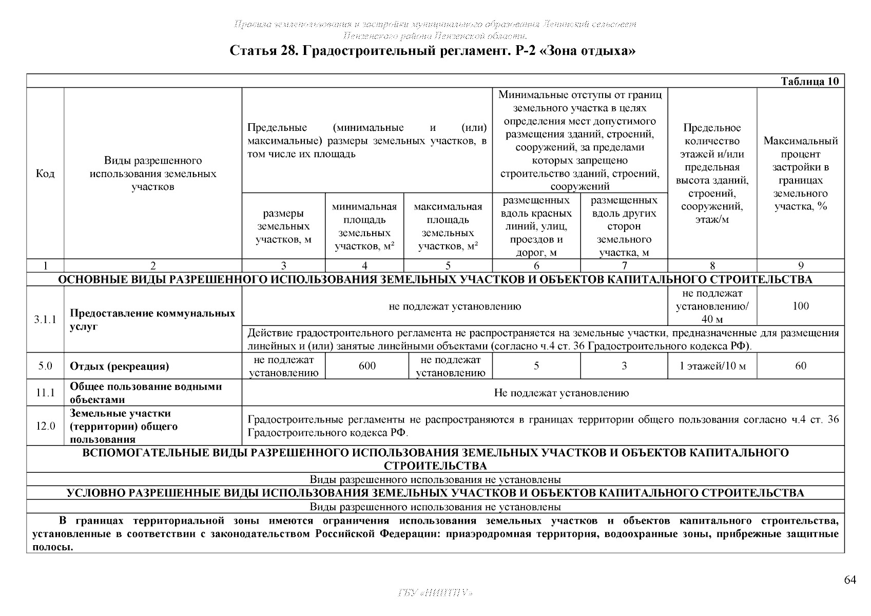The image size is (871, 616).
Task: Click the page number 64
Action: tap(850, 580)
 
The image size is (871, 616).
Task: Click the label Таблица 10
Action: tap(809, 82)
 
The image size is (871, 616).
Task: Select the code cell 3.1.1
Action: tap(45, 320)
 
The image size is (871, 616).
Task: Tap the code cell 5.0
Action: tap(45, 366)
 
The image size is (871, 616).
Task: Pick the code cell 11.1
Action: tap(45, 393)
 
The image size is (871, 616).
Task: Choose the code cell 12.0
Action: tap(45, 426)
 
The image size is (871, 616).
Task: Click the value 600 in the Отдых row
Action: tap(367, 366)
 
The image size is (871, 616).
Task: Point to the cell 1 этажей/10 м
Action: tap(712, 366)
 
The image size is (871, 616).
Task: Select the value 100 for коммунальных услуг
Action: tap(801, 306)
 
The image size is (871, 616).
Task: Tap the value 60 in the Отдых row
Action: tap(801, 366)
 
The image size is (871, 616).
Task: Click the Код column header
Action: tap(45, 174)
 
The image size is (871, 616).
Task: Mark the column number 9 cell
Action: tap(801, 266)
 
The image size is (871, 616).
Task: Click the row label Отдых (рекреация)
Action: tap(119, 367)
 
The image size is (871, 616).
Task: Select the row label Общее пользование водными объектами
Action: tap(146, 393)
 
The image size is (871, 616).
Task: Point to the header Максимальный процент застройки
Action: tap(801, 174)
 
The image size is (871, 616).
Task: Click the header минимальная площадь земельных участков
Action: tap(364, 226)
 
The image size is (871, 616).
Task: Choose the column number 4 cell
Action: tap(364, 266)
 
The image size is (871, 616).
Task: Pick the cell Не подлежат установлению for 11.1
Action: tap(561, 393)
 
